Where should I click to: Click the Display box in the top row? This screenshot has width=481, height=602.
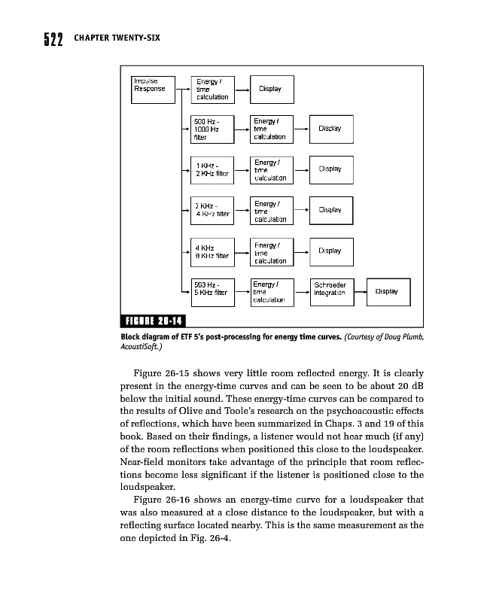pyautogui.click(x=269, y=88)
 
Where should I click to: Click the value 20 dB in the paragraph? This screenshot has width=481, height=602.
pyautogui.click(x=410, y=387)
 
